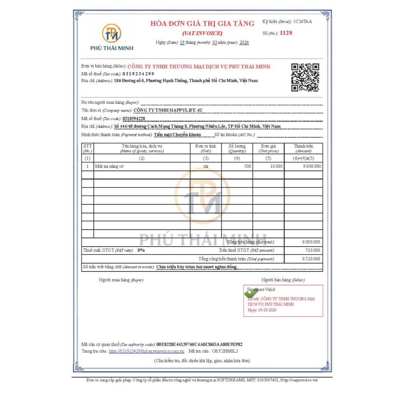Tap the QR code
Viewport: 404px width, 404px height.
click(305, 77)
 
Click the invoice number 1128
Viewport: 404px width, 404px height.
click(286, 33)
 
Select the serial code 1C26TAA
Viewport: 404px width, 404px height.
click(303, 21)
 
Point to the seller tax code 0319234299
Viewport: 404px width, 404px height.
click(138, 74)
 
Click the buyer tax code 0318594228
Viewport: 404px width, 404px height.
click(134, 118)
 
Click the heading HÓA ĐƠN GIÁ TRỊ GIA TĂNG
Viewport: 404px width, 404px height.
click(202, 24)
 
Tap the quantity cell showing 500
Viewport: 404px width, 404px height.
click(247, 166)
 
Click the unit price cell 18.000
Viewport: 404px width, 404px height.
click(276, 166)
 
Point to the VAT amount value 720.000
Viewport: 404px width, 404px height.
click(313, 250)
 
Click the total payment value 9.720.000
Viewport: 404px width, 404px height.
click(311, 259)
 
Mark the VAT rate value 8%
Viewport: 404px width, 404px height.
click(141, 250)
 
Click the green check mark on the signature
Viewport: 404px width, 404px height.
click(251, 293)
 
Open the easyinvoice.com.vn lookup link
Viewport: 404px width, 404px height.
click(147, 351)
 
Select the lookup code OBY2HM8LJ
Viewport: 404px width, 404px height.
click(225, 351)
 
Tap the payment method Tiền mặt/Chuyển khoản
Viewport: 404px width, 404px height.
click(178, 135)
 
